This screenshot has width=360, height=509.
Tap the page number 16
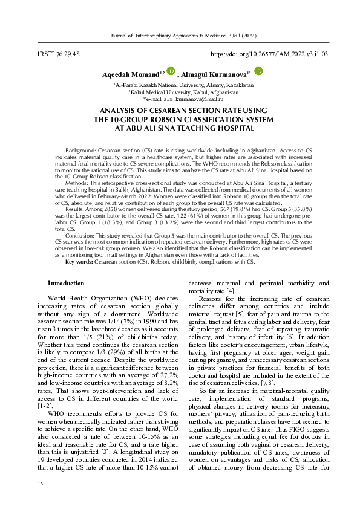(40, 484)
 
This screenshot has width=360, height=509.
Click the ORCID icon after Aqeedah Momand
(162, 72)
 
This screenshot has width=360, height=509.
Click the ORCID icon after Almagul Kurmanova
(258, 71)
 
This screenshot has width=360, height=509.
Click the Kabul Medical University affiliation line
(179, 92)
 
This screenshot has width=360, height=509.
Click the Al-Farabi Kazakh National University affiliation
(179, 86)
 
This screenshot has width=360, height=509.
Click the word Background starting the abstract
(79, 148)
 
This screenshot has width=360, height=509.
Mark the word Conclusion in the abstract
(80, 229)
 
